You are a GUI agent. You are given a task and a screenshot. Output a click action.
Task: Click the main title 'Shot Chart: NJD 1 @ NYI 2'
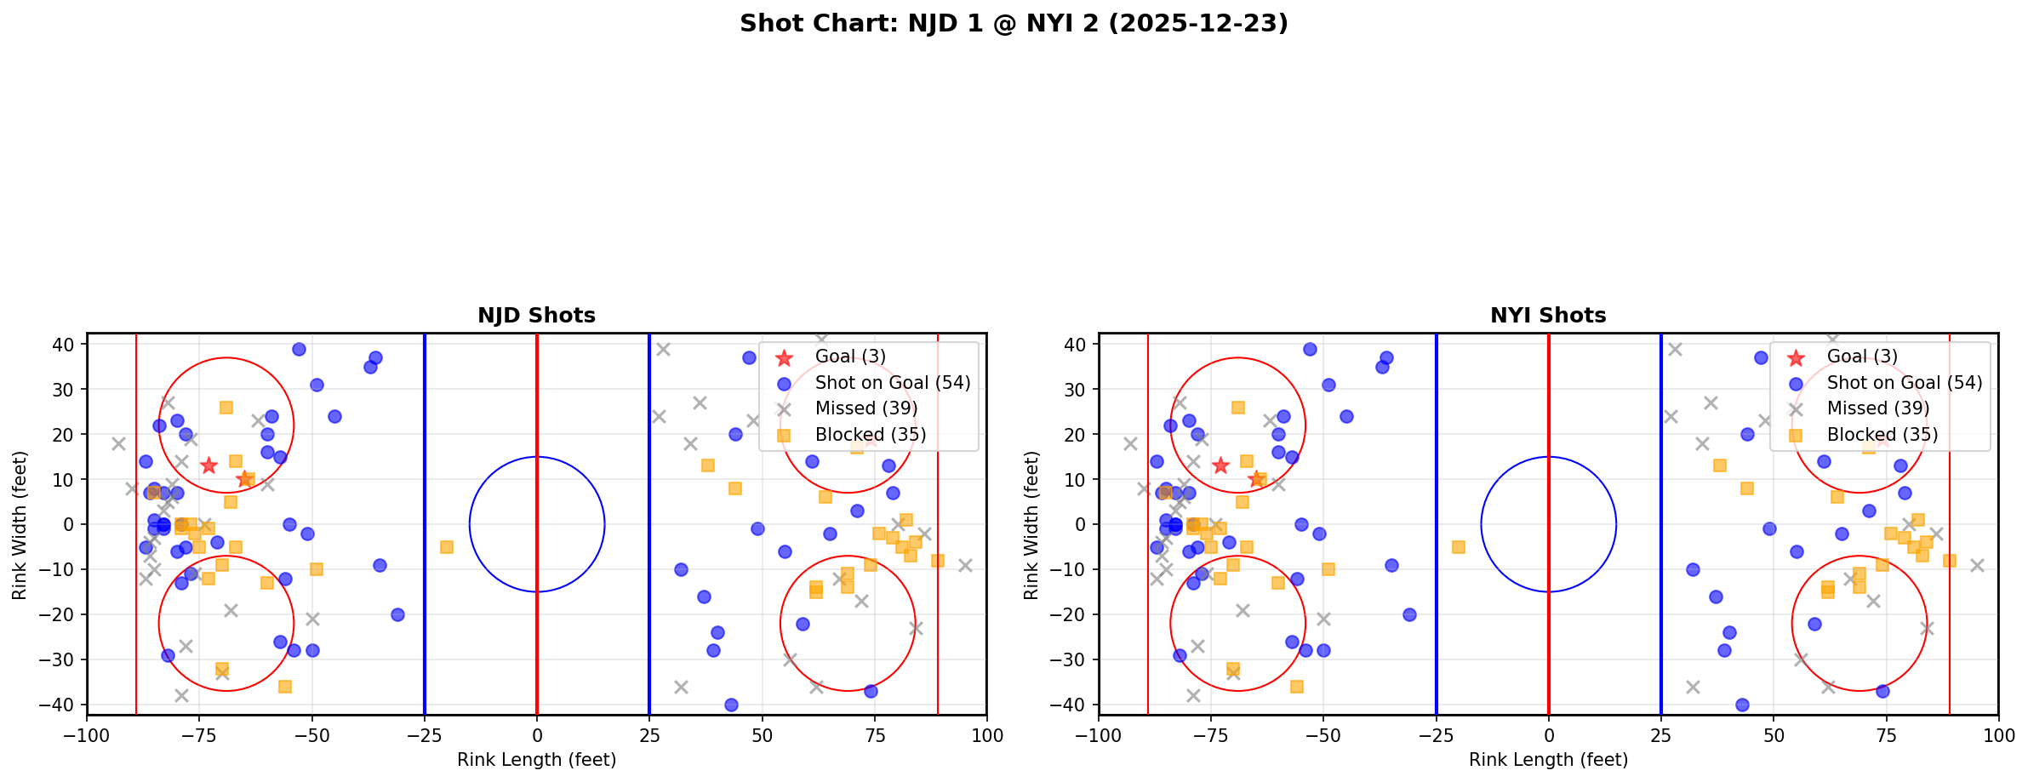[x=1013, y=24]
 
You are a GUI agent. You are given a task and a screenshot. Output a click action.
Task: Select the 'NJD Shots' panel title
[x=536, y=316]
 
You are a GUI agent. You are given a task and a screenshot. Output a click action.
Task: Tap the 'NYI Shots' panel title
[x=1548, y=316]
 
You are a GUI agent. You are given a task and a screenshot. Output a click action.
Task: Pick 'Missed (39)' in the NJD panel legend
[x=865, y=408]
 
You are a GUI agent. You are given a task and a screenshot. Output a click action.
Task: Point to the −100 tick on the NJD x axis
[x=87, y=734]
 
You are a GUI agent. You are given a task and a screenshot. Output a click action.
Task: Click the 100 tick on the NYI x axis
[x=1998, y=734]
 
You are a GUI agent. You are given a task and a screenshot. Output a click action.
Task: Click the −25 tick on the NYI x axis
[x=1436, y=734]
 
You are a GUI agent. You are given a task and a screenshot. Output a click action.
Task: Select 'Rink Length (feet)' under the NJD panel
[x=536, y=760]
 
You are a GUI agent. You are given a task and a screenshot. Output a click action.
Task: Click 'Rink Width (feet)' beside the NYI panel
[x=1031, y=524]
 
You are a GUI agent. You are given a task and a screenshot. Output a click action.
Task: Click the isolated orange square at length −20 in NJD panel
[x=447, y=547]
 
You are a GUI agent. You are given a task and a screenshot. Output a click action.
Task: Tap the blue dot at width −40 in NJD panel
[x=730, y=705]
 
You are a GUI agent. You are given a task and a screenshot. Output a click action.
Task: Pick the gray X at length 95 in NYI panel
[x=1976, y=565]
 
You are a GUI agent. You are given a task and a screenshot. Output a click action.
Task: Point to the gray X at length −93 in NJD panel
[x=118, y=443]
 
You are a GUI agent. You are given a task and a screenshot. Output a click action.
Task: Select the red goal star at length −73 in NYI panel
[x=1220, y=465]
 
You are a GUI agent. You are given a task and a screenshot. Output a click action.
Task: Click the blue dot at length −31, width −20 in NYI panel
[x=1409, y=614]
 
